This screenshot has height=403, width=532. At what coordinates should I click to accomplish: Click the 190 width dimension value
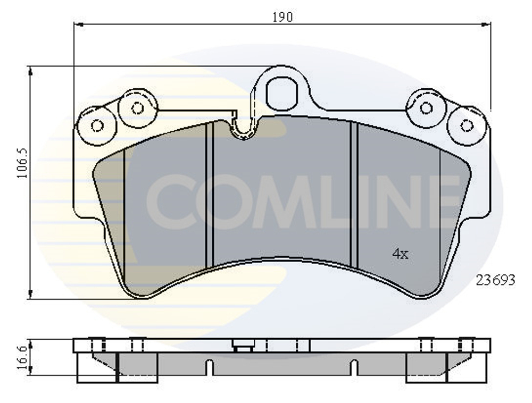282,17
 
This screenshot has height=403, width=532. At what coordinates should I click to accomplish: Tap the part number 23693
495,280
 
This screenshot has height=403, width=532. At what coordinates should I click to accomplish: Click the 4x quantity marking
400,254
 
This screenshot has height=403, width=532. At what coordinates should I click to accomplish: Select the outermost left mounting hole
97,126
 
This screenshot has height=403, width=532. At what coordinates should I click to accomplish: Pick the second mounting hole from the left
137,108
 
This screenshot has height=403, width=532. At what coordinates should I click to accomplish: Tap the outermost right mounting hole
467,126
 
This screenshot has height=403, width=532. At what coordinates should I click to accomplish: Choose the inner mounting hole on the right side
426,108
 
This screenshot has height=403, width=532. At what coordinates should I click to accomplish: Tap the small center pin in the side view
243,348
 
